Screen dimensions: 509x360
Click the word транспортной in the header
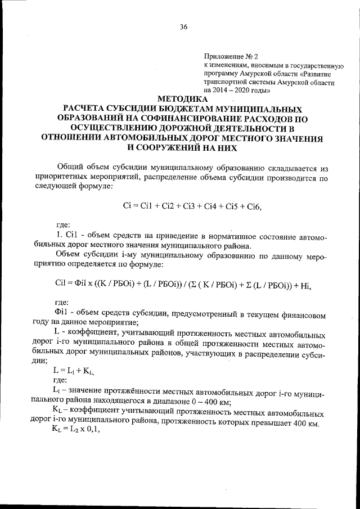pyautogui.click(x=226, y=82)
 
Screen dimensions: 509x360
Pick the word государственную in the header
pyautogui.click(x=308, y=65)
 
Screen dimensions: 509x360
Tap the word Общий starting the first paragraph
pyautogui.click(x=71, y=168)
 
